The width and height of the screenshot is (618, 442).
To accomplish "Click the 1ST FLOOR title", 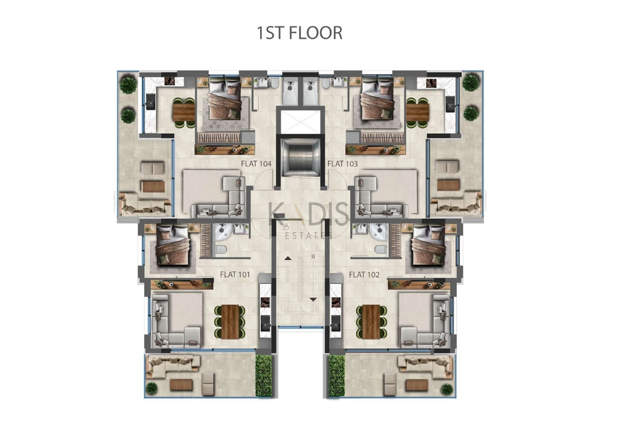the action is pos(299,33).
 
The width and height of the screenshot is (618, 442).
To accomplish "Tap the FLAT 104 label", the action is pos(256,164).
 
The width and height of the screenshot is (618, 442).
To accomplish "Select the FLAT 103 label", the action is pos(342,164).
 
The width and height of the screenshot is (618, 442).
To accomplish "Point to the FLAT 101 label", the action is pos(235,275).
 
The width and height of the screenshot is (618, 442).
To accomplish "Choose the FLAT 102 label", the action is pos(364,275).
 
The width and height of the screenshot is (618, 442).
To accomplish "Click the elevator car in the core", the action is pos(300,157).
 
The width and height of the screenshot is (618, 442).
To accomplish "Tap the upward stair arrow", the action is pos(288,258).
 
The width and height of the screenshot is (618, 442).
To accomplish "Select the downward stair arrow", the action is pos(313,300).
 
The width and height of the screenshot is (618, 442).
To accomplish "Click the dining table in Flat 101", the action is pos(230,322).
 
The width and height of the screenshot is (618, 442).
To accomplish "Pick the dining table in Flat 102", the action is pos(371,322).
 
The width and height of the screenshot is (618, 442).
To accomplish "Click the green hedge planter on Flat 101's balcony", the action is pos(263,376).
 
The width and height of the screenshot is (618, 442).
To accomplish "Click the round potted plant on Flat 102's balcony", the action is pos(447,389).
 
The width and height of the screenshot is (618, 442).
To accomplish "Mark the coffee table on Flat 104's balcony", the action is pos(153,186).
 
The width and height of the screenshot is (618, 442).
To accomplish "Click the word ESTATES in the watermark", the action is pos(308,236).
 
